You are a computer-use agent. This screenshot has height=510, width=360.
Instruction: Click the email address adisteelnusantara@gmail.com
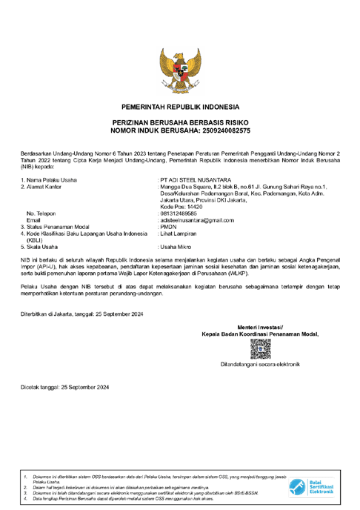(x=197, y=220)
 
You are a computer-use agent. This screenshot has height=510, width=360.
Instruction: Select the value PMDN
(x=167, y=227)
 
